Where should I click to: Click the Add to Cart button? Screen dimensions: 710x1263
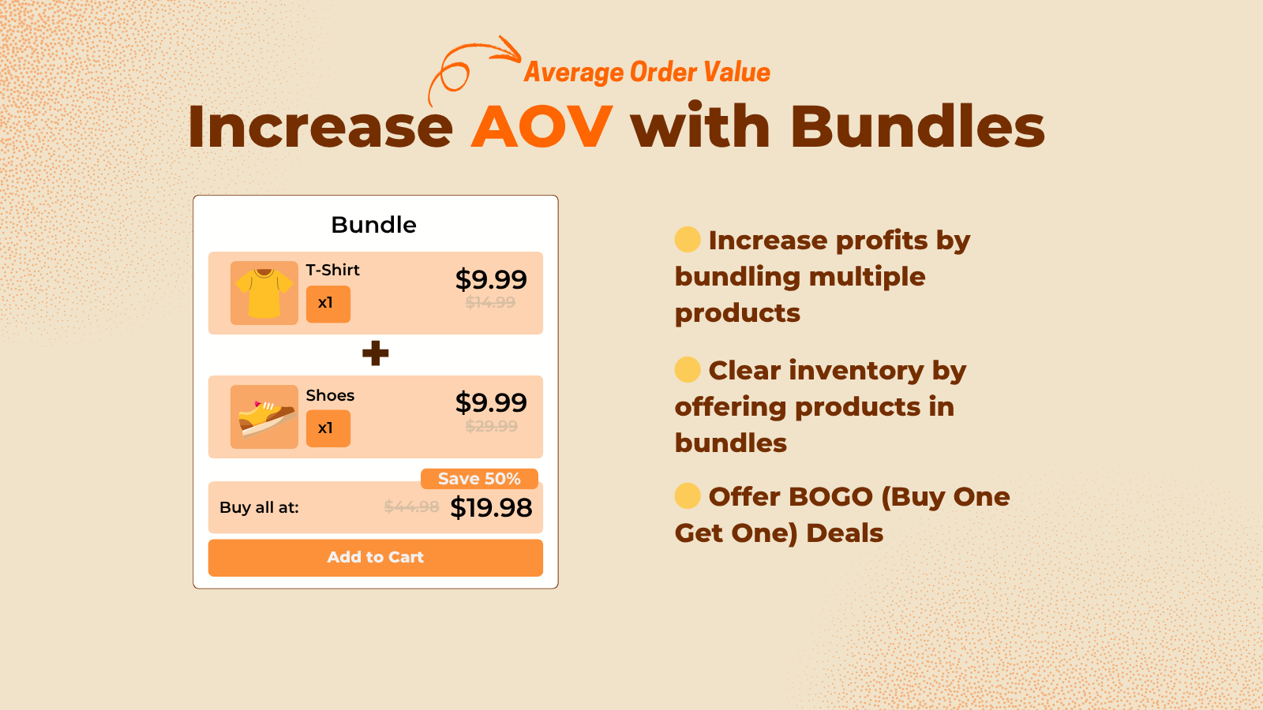click(x=376, y=558)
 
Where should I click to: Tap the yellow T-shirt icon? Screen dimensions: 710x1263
click(x=264, y=293)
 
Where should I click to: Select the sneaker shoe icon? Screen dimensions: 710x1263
click(x=264, y=417)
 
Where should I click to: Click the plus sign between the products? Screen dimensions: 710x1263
click(x=376, y=353)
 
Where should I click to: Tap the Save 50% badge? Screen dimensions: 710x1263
click(x=479, y=479)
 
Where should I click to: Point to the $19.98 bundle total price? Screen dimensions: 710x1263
click(x=491, y=508)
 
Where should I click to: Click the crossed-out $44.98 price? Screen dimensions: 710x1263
click(x=411, y=506)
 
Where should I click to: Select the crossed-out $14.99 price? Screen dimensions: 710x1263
click(x=490, y=302)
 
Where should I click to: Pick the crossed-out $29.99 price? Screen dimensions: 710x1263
click(x=491, y=427)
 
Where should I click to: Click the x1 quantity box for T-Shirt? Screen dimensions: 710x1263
click(x=328, y=304)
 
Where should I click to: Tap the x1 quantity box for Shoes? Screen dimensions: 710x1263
click(x=328, y=428)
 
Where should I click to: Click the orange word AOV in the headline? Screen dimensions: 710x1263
click(x=542, y=127)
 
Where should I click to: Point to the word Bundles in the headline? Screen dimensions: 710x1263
click(x=917, y=127)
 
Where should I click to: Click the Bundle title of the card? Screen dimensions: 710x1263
click(x=374, y=225)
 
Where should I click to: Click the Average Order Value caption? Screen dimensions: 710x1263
click(x=647, y=73)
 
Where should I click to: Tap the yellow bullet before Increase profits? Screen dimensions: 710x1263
click(x=688, y=240)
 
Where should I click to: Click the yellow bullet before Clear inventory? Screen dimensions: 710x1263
click(x=688, y=369)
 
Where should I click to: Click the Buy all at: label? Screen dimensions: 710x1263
click(x=259, y=508)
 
